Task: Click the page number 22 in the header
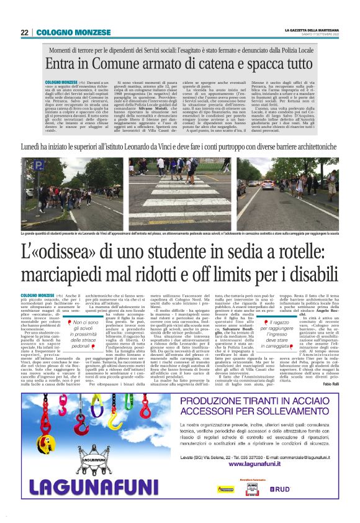coord(24,32)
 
